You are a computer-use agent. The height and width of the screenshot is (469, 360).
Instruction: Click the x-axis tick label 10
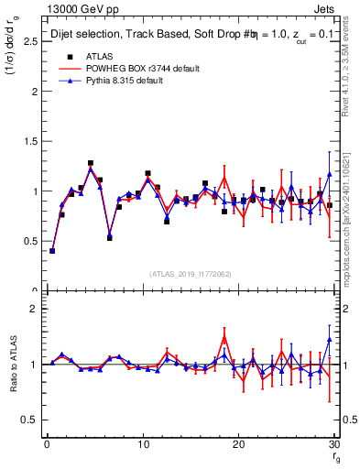pos(142,445)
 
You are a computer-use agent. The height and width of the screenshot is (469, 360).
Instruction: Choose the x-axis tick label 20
pos(238,445)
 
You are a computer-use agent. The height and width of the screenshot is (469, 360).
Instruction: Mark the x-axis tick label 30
pos(333,445)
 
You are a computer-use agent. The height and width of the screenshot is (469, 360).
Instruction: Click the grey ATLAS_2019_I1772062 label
pos(190,274)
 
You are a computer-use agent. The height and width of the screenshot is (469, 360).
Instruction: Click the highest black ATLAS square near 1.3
pos(91,163)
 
